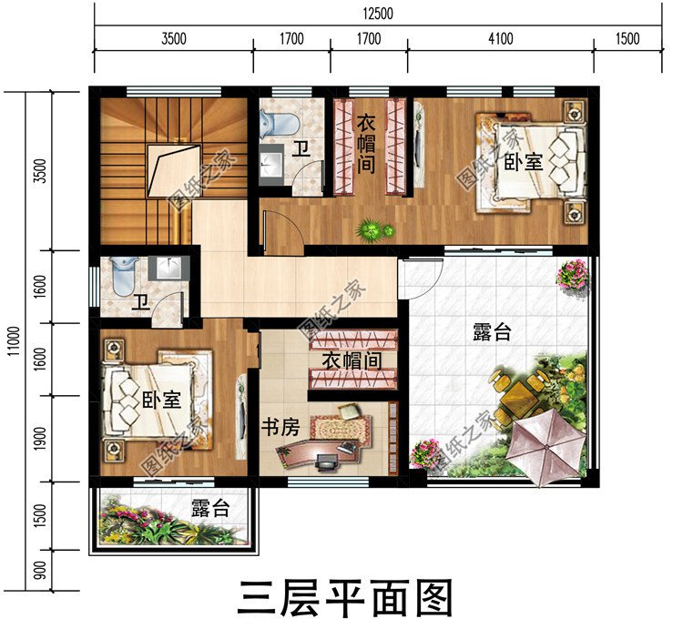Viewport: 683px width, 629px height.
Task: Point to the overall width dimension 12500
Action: [376, 12]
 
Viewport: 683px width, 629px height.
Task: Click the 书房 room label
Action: [280, 428]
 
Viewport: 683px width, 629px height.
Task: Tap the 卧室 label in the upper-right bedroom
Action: [524, 162]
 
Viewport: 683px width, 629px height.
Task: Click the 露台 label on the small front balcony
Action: [209, 509]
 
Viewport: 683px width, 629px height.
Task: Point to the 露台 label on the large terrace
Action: [492, 332]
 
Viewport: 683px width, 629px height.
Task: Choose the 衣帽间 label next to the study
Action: [351, 360]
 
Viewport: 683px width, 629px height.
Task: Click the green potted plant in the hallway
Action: [370, 229]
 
